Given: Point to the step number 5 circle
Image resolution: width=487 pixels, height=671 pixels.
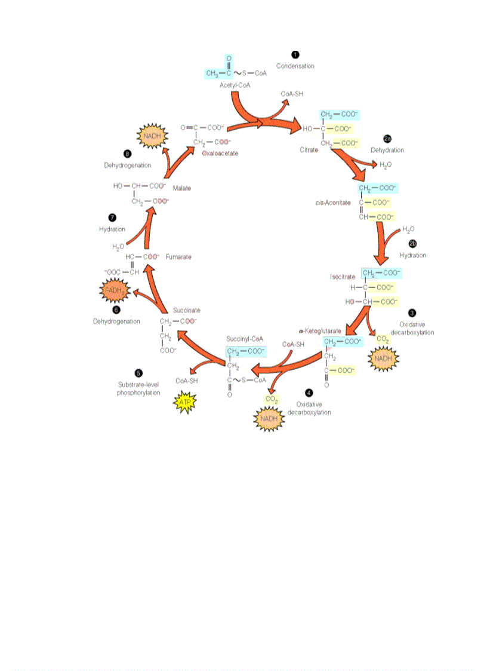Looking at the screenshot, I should pyautogui.click(x=138, y=371).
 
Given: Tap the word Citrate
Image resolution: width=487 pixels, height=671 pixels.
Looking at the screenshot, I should pyautogui.click(x=309, y=150).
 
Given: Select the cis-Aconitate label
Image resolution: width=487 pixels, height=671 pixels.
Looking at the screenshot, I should pyautogui.click(x=333, y=203).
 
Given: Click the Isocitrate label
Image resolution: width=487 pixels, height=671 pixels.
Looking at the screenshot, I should pyautogui.click(x=343, y=277).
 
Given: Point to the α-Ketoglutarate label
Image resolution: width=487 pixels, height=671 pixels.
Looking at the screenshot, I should pyautogui.click(x=320, y=330).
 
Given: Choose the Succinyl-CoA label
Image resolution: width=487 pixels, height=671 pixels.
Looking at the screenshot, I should pyautogui.click(x=241, y=338).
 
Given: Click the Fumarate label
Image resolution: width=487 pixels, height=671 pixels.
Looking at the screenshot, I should pyautogui.click(x=178, y=256).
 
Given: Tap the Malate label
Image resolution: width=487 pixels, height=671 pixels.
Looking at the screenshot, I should pyautogui.click(x=182, y=188).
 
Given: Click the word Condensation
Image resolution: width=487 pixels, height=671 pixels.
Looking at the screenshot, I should pyautogui.click(x=295, y=66).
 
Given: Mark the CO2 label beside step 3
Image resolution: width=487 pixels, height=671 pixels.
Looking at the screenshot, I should pyautogui.click(x=383, y=339).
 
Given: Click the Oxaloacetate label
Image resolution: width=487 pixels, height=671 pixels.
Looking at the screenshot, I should pyautogui.click(x=220, y=153).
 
